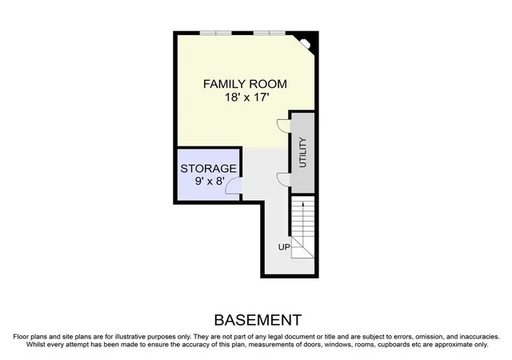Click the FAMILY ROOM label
(x=245, y=84)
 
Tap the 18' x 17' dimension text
(x=246, y=97)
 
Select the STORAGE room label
(x=208, y=169)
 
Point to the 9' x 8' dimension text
(x=210, y=181)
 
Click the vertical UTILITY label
(x=303, y=153)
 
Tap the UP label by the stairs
(x=284, y=247)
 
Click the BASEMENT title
(x=258, y=320)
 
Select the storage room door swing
(x=233, y=186)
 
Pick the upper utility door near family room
(x=283, y=126)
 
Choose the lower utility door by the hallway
(x=283, y=180)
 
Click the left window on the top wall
(x=215, y=33)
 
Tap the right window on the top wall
(x=270, y=33)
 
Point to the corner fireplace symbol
(x=306, y=44)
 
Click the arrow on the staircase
(x=303, y=225)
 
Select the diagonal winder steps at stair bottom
(x=302, y=247)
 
